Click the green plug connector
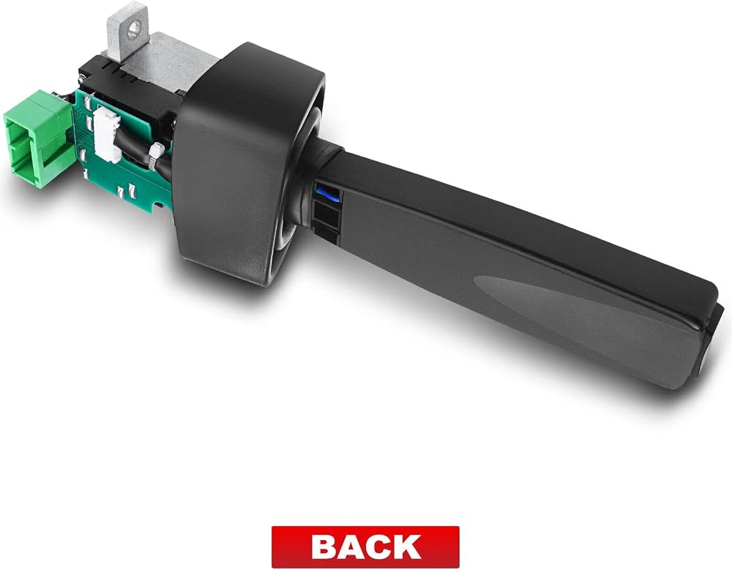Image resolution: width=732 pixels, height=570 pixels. pyautogui.click(x=38, y=138)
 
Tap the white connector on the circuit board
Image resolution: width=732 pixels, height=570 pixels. pyautogui.click(x=106, y=134)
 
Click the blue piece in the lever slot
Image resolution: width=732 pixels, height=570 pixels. pyautogui.click(x=328, y=192)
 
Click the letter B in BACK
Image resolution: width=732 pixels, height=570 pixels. pyautogui.click(x=326, y=547)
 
